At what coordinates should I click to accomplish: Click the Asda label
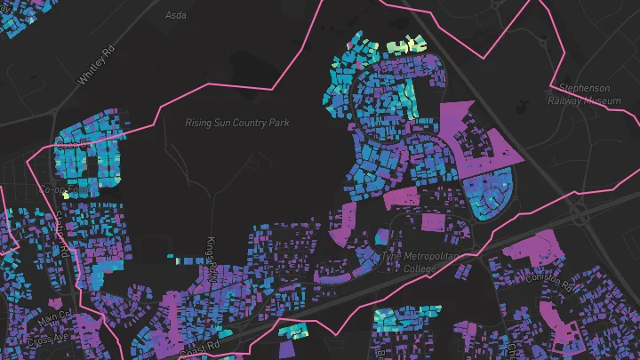pyautogui.click(x=176, y=16)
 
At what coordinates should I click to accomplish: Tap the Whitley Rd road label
pyautogui.click(x=97, y=66)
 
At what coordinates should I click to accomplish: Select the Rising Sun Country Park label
pyautogui.click(x=236, y=123)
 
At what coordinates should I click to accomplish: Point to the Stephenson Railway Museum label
pyautogui.click(x=586, y=95)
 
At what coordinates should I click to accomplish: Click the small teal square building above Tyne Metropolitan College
pyautogui.click(x=381, y=236)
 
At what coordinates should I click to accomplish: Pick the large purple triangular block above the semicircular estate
pyautogui.click(x=480, y=124)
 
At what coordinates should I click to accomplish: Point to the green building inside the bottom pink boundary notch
pyautogui.click(x=292, y=332)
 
